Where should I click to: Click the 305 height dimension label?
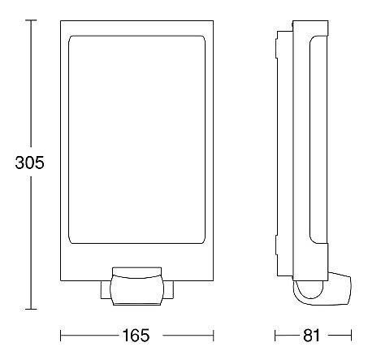coord(29,163)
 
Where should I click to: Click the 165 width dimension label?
coord(136,336)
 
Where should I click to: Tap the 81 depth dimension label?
coord(311,336)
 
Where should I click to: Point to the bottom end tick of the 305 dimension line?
coord(29,309)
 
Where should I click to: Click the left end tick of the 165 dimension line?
coord(60,336)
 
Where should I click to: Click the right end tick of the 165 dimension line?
coord(214,336)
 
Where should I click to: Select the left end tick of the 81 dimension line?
coord(275,336)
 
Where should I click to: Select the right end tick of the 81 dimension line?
coord(351,336)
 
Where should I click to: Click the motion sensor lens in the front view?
coord(137,289)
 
